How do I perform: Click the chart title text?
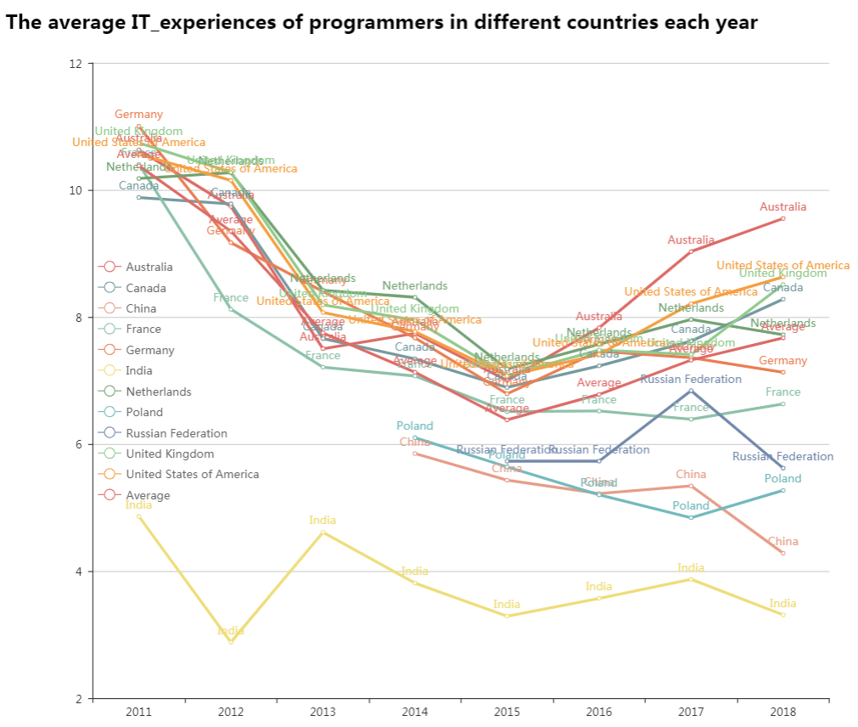click(x=381, y=22)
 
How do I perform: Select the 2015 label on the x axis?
click(x=507, y=712)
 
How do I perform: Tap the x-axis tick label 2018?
click(x=782, y=712)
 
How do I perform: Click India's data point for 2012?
click(x=231, y=642)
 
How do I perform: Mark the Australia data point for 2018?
click(x=782, y=218)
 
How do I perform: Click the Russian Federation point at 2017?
click(x=691, y=391)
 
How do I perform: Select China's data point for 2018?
click(x=782, y=553)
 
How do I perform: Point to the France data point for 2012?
click(x=231, y=309)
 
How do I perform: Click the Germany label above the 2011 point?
click(x=138, y=115)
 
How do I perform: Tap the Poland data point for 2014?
click(x=415, y=437)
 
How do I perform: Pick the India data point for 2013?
click(x=322, y=532)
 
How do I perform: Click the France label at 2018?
click(x=782, y=392)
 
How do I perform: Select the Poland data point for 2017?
click(x=691, y=517)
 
